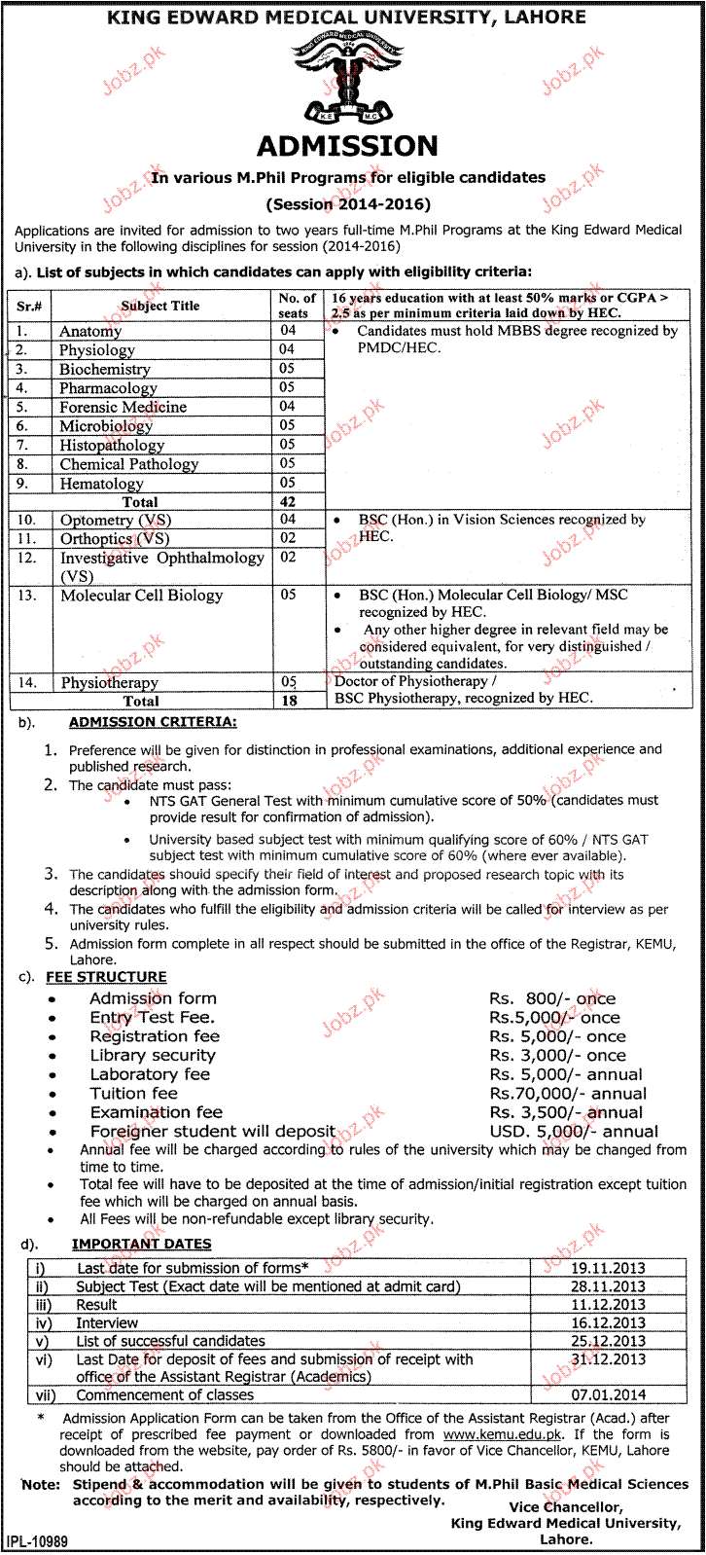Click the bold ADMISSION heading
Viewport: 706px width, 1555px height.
point(348,146)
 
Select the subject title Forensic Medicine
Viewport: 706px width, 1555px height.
point(123,407)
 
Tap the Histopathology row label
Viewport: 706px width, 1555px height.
point(112,445)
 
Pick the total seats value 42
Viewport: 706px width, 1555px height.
point(288,502)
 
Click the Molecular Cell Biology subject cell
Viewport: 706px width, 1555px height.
point(142,596)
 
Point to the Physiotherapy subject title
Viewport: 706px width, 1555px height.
point(109,683)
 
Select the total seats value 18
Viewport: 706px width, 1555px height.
point(288,701)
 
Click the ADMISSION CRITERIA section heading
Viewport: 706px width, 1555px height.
point(152,722)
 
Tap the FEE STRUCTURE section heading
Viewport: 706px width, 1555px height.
point(107,976)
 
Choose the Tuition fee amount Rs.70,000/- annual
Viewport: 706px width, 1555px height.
point(567,1094)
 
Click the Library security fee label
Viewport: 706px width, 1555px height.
point(153,1056)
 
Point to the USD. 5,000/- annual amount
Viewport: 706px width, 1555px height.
point(574,1132)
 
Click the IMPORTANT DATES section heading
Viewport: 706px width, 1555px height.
point(141,1244)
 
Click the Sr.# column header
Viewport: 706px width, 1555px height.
point(27,306)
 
